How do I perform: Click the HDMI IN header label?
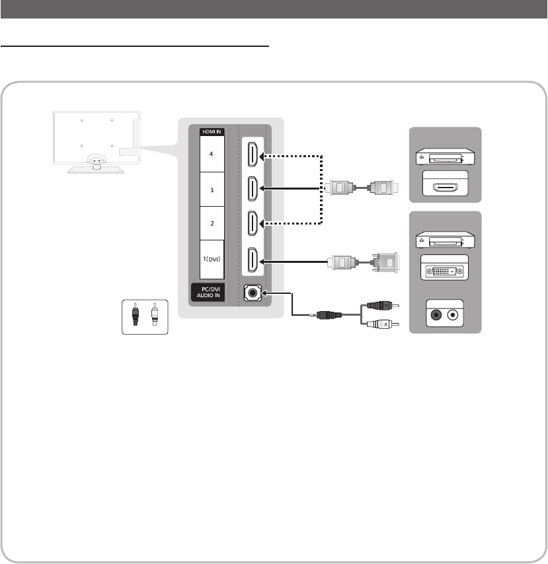coord(212,131)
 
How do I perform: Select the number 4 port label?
coord(212,154)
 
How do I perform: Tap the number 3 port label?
coord(212,190)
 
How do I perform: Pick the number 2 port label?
coord(212,223)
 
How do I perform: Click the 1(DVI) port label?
coord(212,259)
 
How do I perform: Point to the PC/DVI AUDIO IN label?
coord(208,292)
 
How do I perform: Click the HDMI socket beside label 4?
coord(253,155)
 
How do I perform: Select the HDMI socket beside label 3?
coord(253,188)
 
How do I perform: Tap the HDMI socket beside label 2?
coord(253,223)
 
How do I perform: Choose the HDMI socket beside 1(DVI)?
coord(253,260)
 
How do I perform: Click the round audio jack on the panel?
coord(253,293)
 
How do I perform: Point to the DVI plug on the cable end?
coord(385,263)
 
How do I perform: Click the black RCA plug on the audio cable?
coord(383,306)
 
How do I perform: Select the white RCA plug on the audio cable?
coord(383,324)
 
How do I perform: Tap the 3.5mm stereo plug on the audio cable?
coord(325,315)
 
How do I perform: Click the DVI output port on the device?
coord(445,271)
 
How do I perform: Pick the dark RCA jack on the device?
coord(436,316)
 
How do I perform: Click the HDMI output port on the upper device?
coord(446,187)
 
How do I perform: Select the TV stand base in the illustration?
coord(96,170)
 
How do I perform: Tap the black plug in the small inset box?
coord(135,314)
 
